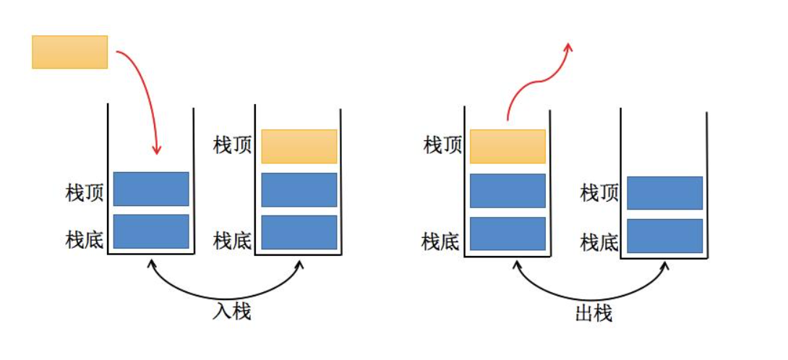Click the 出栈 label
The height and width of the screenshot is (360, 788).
click(x=594, y=313)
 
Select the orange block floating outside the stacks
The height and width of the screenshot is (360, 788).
click(x=69, y=52)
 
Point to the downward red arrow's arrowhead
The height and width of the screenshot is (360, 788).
click(x=157, y=150)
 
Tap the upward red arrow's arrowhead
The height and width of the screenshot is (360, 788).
click(x=569, y=48)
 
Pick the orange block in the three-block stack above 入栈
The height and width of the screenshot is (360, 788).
click(x=299, y=147)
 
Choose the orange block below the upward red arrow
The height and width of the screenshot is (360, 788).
click(x=508, y=147)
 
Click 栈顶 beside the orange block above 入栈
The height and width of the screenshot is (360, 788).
click(x=233, y=145)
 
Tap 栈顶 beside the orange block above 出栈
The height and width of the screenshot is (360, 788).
click(x=442, y=145)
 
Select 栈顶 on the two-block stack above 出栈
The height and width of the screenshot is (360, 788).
click(x=599, y=193)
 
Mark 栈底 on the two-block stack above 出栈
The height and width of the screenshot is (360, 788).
click(x=599, y=241)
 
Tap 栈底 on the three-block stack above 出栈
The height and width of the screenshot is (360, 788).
click(x=441, y=240)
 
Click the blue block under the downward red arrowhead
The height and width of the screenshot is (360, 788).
click(x=151, y=189)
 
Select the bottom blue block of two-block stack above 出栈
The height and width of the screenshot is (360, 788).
click(x=664, y=236)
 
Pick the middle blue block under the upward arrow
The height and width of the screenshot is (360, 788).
click(x=508, y=191)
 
